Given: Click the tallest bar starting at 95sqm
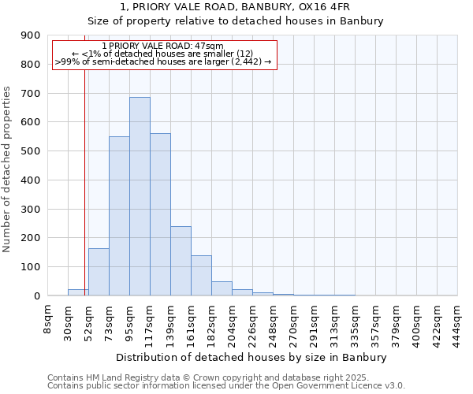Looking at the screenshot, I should [x=140, y=196].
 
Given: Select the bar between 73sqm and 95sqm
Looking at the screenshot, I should [x=119, y=216].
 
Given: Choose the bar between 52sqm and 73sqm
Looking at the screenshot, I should [x=99, y=272].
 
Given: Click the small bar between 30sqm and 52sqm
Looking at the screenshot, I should [x=78, y=292].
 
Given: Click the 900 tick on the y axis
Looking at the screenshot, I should [x=31, y=35].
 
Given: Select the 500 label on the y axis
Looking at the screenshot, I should [x=31, y=151].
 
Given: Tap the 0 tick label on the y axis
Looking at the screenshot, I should [x=37, y=296].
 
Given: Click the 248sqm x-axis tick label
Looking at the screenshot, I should [x=273, y=324].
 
